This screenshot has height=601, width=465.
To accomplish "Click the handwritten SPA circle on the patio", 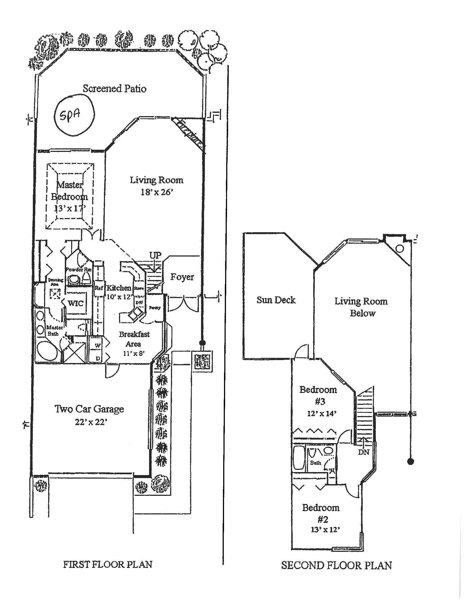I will pyautogui.click(x=74, y=115).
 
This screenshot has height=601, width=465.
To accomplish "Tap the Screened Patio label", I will pyautogui.click(x=114, y=89).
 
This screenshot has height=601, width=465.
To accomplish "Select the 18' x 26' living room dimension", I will pyautogui.click(x=156, y=192).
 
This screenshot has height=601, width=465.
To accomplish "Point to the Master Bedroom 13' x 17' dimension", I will pyautogui.click(x=70, y=208).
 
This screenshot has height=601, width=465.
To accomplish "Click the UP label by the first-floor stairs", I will pyautogui.click(x=155, y=255).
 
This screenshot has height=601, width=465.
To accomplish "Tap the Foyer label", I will pyautogui.click(x=182, y=277).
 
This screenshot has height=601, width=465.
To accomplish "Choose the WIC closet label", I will pyautogui.click(x=75, y=303).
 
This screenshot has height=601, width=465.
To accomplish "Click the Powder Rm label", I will pyautogui.click(x=79, y=269).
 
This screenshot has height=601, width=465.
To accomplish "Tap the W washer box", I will pyautogui.click(x=98, y=345).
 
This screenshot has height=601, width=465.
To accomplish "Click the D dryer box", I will pyautogui.click(x=98, y=358).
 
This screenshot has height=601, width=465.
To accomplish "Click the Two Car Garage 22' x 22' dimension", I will pyautogui.click(x=91, y=422).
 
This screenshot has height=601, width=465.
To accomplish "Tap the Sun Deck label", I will pyautogui.click(x=276, y=300).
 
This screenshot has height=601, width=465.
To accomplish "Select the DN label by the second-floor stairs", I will pyautogui.click(x=363, y=452).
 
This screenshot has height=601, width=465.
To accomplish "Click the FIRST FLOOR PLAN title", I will pyautogui.click(x=108, y=565).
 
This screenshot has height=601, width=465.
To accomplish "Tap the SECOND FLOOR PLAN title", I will pyautogui.click(x=336, y=565).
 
